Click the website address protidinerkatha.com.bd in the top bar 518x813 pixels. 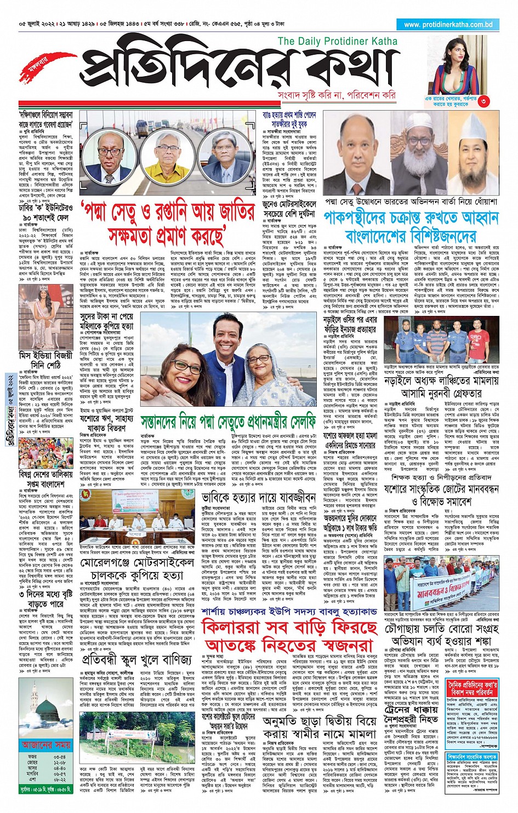click(448, 25)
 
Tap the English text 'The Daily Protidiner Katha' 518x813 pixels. click(337, 41)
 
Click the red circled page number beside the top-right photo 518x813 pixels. click(483, 101)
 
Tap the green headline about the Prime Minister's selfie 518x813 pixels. click(228, 422)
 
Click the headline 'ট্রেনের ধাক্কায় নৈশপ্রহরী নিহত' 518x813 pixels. click(410, 713)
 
